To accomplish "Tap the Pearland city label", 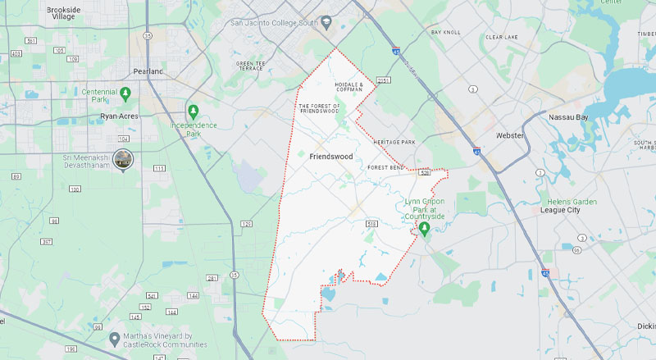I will click(x=148, y=72).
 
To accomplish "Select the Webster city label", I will click(x=509, y=135).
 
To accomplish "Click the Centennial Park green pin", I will click(x=125, y=93).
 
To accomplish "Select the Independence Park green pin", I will click(x=194, y=111).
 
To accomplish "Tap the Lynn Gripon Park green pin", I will click(x=425, y=229).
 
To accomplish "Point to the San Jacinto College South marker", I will click(x=326, y=21).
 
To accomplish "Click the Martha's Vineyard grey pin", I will click(x=115, y=337).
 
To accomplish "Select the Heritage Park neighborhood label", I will click(x=394, y=143).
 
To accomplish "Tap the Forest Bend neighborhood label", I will click(x=386, y=167).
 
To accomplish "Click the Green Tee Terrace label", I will click(x=250, y=66).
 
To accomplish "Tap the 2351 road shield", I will click(x=384, y=80).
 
